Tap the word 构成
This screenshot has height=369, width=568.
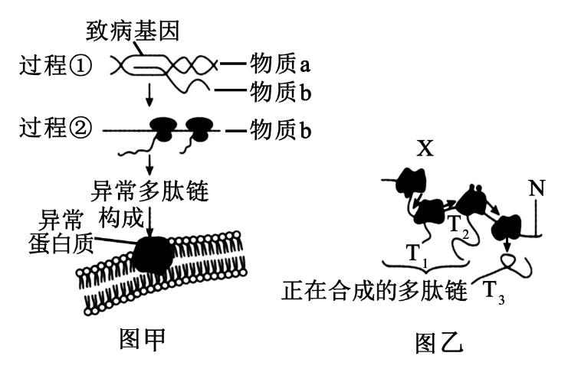point(121,218)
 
